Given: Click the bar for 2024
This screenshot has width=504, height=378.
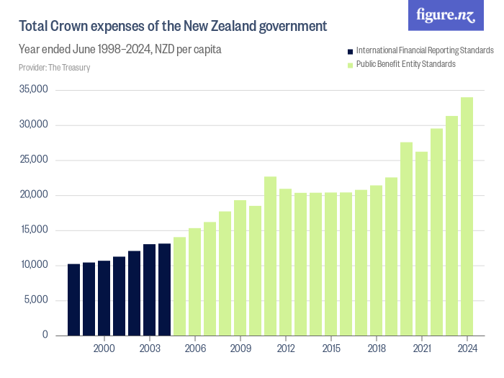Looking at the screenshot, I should (x=467, y=216).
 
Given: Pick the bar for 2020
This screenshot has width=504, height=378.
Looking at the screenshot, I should (x=406, y=238).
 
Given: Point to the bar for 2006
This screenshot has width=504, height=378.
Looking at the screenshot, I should (x=194, y=282).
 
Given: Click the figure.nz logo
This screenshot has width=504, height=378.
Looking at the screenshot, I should (x=446, y=15).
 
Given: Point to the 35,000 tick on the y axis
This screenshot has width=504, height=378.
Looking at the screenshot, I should (x=33, y=90).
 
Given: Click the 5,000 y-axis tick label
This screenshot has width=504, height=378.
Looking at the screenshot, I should (x=35, y=300).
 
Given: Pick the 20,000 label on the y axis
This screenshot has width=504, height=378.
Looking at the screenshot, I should (x=33, y=195).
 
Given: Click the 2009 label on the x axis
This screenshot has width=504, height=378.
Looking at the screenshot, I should (x=240, y=348).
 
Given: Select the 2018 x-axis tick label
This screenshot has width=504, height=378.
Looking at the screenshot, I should (x=376, y=348).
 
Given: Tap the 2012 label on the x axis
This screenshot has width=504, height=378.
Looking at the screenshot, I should (x=285, y=348).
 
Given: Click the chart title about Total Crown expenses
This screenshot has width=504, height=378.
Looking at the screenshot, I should (x=173, y=27).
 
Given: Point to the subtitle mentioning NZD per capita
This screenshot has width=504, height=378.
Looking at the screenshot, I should (x=120, y=50).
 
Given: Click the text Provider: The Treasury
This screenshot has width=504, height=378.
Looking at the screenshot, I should (x=54, y=68).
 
